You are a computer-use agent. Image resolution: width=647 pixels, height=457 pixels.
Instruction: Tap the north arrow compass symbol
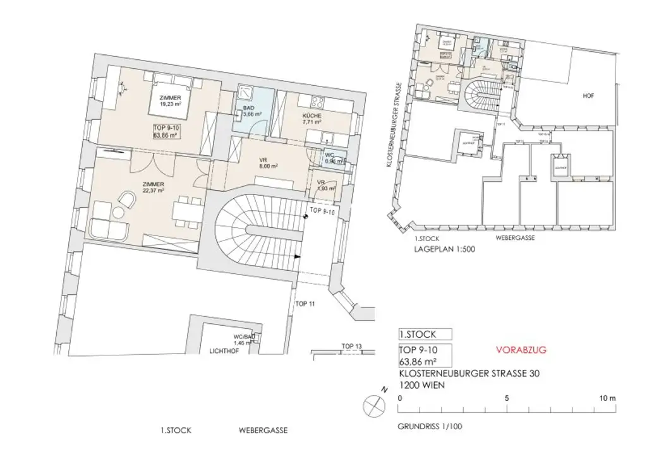(x=374, y=403)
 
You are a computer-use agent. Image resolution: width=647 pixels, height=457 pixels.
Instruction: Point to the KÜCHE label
(x=311, y=116)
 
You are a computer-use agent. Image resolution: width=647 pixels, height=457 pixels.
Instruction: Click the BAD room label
(x=248, y=108)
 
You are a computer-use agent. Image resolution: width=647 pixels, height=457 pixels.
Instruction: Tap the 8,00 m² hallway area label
(x=269, y=167)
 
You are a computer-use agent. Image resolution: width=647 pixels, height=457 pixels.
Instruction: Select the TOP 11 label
(x=305, y=304)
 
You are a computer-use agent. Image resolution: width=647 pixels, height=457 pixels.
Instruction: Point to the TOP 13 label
(x=351, y=346)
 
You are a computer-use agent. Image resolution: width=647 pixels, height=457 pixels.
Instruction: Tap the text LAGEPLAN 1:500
(x=445, y=249)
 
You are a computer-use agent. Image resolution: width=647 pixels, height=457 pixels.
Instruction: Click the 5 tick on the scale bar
(x=507, y=398)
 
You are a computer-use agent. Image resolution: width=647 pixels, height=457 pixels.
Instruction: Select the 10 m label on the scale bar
(x=607, y=398)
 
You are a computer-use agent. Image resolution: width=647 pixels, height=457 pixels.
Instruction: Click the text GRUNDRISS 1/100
(x=430, y=426)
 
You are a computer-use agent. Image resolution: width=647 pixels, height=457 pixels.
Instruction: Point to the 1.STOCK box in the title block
(x=425, y=335)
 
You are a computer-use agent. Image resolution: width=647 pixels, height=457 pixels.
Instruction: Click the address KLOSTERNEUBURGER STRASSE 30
(x=469, y=374)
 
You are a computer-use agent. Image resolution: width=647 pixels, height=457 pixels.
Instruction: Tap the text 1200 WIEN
(x=422, y=384)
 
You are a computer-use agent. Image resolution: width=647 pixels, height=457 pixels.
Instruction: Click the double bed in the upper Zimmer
(x=171, y=95)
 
